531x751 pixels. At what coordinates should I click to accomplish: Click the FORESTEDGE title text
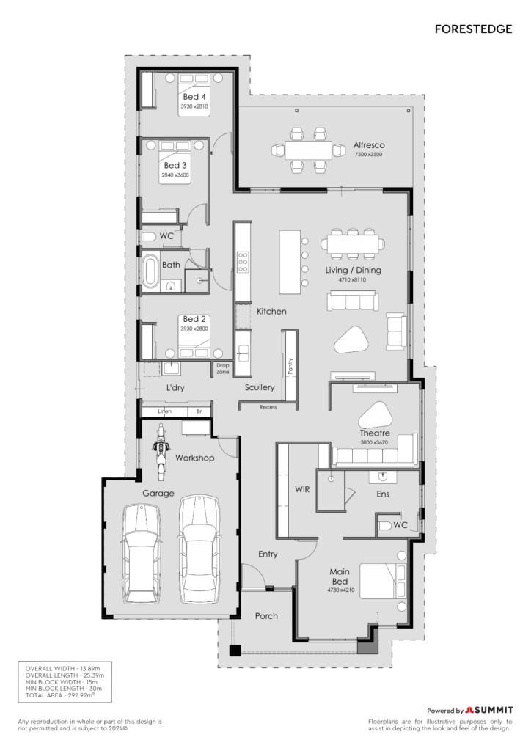click(473, 29)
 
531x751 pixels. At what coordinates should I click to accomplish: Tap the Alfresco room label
click(369, 144)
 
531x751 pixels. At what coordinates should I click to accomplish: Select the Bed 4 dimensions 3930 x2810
click(194, 106)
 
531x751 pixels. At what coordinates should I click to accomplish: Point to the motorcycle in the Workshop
click(161, 451)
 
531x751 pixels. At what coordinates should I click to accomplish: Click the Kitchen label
click(271, 311)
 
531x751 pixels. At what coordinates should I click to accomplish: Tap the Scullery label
click(260, 387)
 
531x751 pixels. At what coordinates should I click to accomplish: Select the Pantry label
click(290, 367)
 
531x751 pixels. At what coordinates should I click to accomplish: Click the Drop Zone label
click(223, 368)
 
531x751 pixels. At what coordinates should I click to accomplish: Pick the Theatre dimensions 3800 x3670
click(374, 442)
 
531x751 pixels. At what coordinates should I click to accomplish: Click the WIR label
click(302, 489)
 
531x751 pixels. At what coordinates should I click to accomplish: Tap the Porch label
click(266, 616)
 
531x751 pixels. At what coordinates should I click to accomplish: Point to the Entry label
click(268, 554)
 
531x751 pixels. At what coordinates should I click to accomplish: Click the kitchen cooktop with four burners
click(243, 262)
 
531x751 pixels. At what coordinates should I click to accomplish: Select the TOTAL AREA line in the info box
click(60, 695)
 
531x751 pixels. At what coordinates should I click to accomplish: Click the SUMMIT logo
click(489, 710)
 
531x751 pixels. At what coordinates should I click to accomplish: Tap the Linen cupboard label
click(165, 411)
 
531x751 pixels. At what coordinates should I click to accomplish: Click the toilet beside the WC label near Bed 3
click(150, 237)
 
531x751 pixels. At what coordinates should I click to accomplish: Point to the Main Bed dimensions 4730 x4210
click(341, 590)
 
